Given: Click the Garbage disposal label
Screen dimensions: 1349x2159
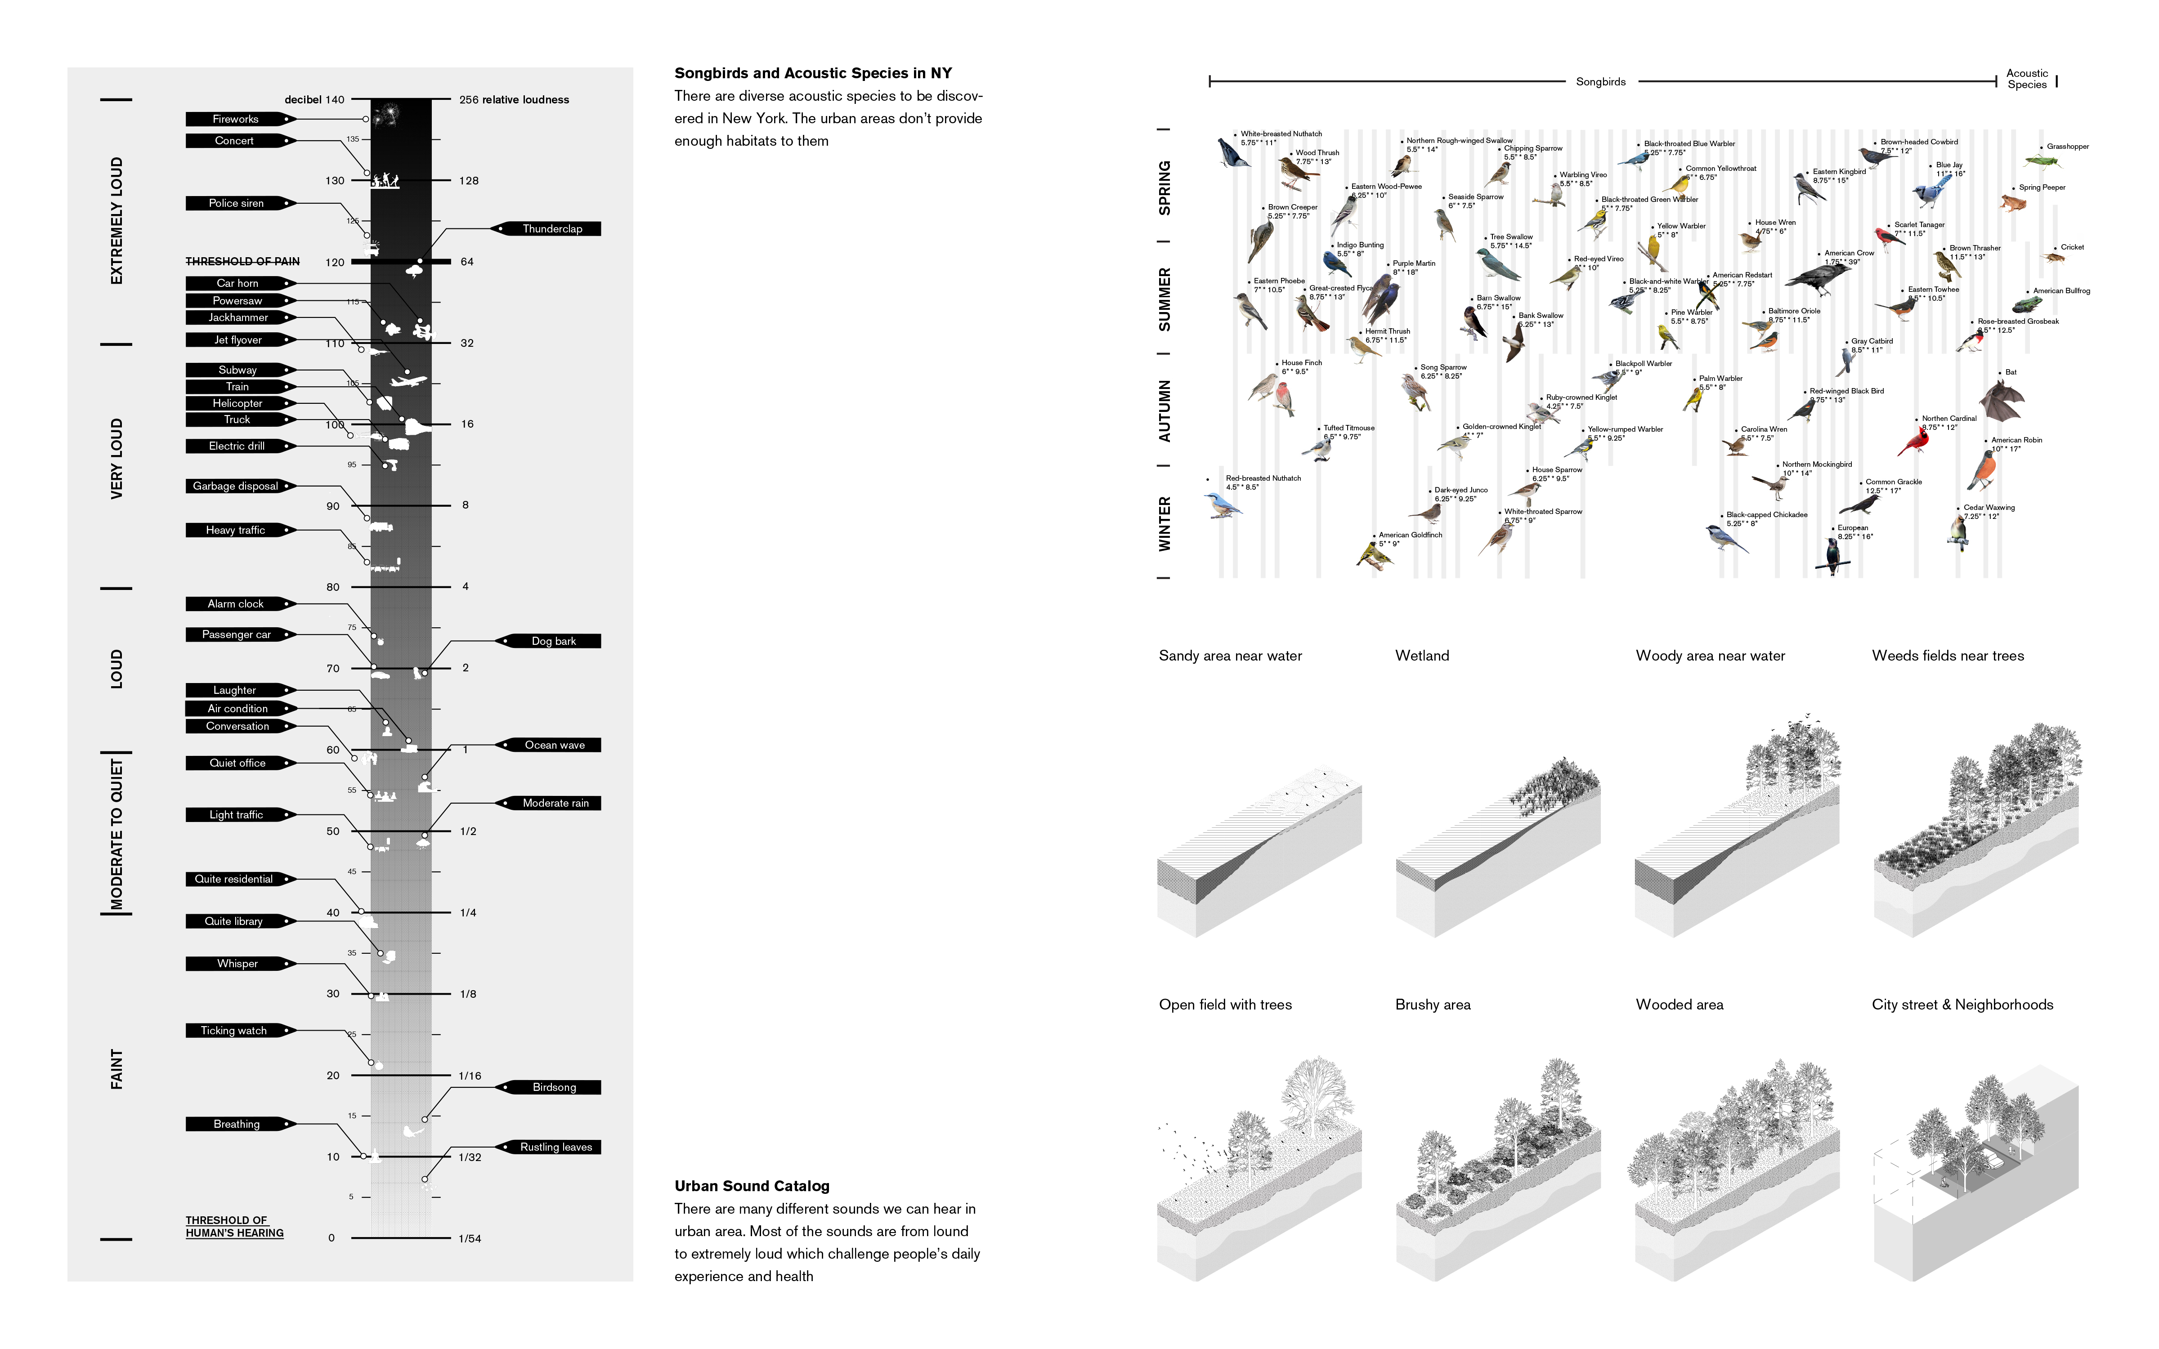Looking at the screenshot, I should click(x=237, y=486).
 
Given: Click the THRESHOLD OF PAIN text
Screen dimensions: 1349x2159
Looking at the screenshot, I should click(x=243, y=261).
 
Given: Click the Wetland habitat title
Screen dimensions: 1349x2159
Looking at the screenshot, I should click(x=1422, y=656).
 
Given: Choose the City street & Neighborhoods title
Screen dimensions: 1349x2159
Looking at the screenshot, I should click(x=1962, y=1005).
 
